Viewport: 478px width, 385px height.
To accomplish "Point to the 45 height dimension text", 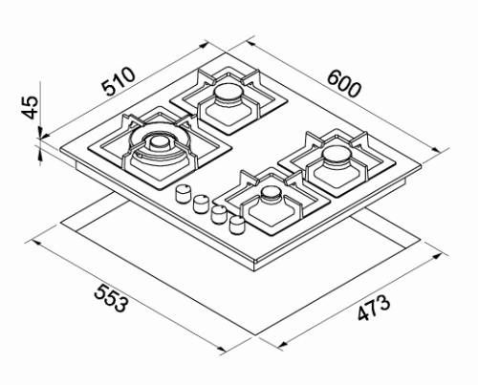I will click(x=30, y=105).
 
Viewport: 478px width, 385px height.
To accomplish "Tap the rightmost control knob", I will click(x=236, y=225).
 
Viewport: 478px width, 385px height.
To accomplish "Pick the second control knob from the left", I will click(x=201, y=203).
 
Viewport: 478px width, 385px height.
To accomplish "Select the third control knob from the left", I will click(x=219, y=214).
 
